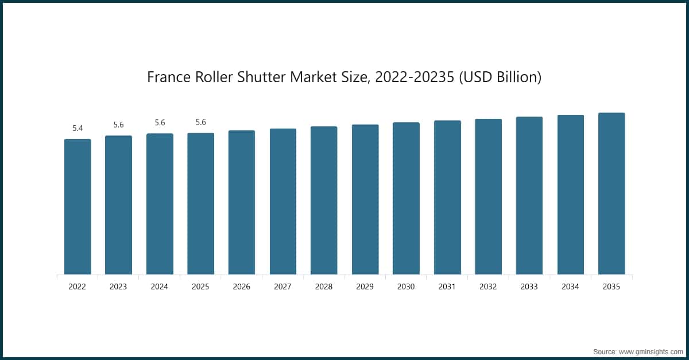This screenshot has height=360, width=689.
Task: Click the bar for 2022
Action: [78, 207]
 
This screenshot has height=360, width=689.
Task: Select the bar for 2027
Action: [283, 202]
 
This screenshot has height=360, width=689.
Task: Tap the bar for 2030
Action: [406, 198]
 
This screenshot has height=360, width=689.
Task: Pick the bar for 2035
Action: [611, 193]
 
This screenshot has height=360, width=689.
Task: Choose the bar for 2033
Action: [529, 196]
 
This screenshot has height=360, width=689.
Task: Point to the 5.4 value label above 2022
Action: [78, 128]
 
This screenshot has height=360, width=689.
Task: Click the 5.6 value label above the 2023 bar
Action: [118, 125]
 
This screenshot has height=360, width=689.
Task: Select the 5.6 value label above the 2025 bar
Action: [200, 122]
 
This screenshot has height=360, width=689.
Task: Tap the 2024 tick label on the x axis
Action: [160, 287]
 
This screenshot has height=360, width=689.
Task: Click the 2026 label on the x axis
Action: [242, 287]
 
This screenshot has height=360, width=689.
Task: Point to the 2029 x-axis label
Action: [365, 287]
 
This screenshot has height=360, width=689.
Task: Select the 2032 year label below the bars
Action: [488, 287]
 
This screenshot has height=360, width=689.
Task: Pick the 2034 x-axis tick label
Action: [570, 287]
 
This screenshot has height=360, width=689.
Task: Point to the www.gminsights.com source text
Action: [651, 351]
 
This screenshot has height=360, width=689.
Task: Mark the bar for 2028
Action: [324, 200]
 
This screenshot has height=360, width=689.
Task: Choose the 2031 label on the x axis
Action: [447, 287]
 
